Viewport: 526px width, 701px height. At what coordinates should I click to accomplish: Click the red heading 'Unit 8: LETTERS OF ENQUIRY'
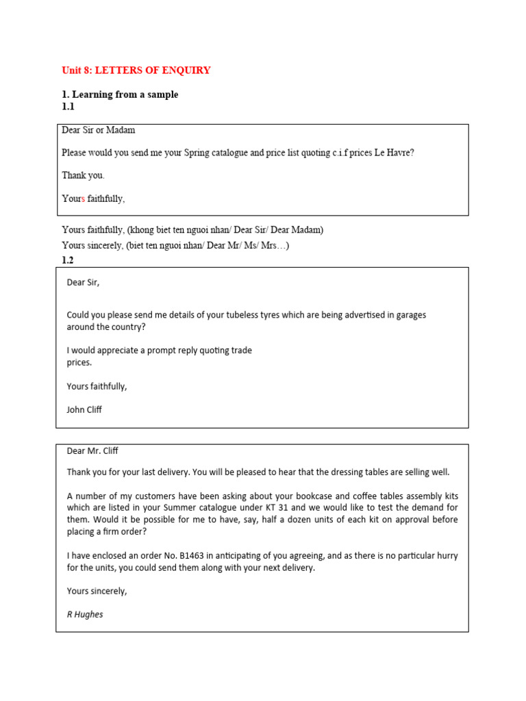tap(136, 71)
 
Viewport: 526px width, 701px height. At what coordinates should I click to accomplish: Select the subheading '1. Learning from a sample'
tap(120, 94)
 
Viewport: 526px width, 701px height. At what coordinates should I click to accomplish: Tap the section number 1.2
tap(68, 260)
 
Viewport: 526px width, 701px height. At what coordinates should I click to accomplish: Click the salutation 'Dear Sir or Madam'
tap(99, 130)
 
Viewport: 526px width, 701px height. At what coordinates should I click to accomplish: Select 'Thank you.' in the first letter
tap(83, 175)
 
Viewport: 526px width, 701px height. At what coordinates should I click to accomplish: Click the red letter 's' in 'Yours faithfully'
tap(83, 199)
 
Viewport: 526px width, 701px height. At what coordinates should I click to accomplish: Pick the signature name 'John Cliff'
tap(84, 409)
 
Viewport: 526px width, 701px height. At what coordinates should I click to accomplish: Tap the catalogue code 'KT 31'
tap(309, 507)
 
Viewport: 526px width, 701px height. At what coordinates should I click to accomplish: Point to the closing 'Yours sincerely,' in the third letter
tap(97, 591)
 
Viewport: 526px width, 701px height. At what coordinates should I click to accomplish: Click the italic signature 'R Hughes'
tap(85, 614)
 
